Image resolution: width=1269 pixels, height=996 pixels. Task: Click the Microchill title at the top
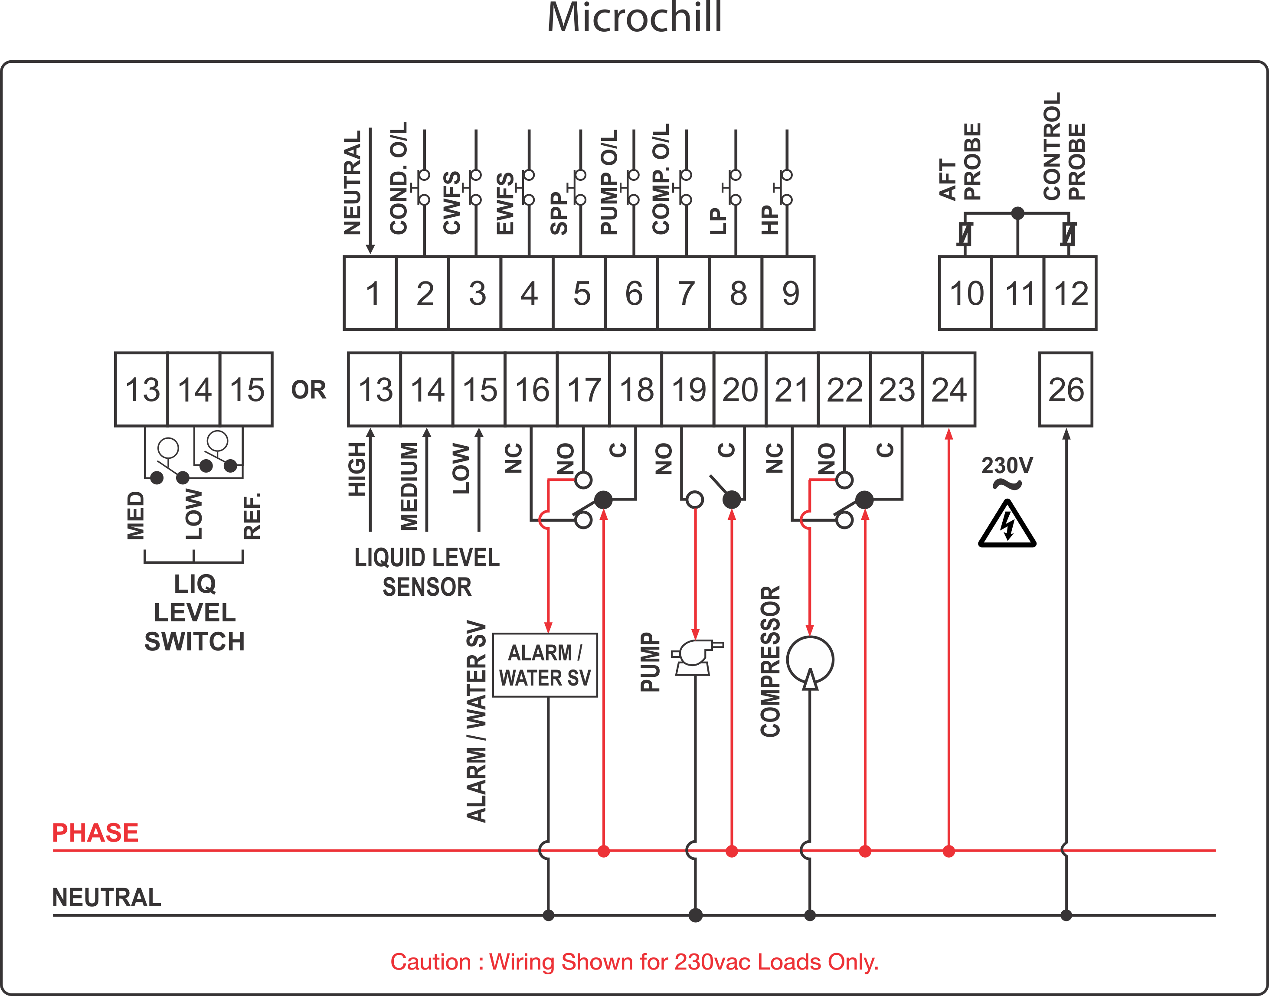pos(634,17)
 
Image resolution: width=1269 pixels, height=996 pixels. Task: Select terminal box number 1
pos(370,293)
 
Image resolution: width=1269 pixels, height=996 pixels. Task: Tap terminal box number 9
pos(789,293)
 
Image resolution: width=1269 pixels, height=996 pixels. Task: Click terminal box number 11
pos(1018,293)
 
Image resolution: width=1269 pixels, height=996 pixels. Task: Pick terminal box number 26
pos(1066,389)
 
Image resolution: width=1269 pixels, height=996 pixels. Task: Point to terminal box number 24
pos(949,389)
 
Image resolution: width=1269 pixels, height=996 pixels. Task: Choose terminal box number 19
pos(689,389)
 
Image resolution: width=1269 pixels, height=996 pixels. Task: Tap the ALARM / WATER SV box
pos(545,665)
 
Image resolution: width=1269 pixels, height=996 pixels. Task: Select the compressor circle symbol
pos(810,660)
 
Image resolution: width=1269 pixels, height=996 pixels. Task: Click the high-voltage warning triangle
pos(1007,525)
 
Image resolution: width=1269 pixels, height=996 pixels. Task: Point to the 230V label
pos(1007,465)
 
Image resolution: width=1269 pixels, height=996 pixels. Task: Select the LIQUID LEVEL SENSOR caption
pos(427,572)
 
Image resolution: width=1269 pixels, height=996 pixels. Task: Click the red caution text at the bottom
pos(634,962)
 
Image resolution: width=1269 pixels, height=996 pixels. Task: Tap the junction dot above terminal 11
pos(1017,213)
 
